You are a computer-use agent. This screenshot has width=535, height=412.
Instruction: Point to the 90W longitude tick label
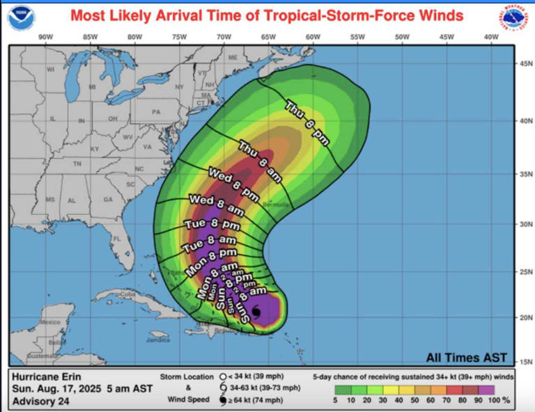tap(47, 37)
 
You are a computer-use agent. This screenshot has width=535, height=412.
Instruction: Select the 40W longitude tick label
tap(490, 37)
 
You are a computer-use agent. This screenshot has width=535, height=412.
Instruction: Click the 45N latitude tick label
tap(525, 65)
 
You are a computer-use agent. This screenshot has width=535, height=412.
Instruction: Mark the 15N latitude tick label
tap(525, 361)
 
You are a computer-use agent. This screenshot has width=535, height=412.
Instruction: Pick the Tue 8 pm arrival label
tap(212, 225)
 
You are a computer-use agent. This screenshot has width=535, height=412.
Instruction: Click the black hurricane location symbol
tap(256, 313)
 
